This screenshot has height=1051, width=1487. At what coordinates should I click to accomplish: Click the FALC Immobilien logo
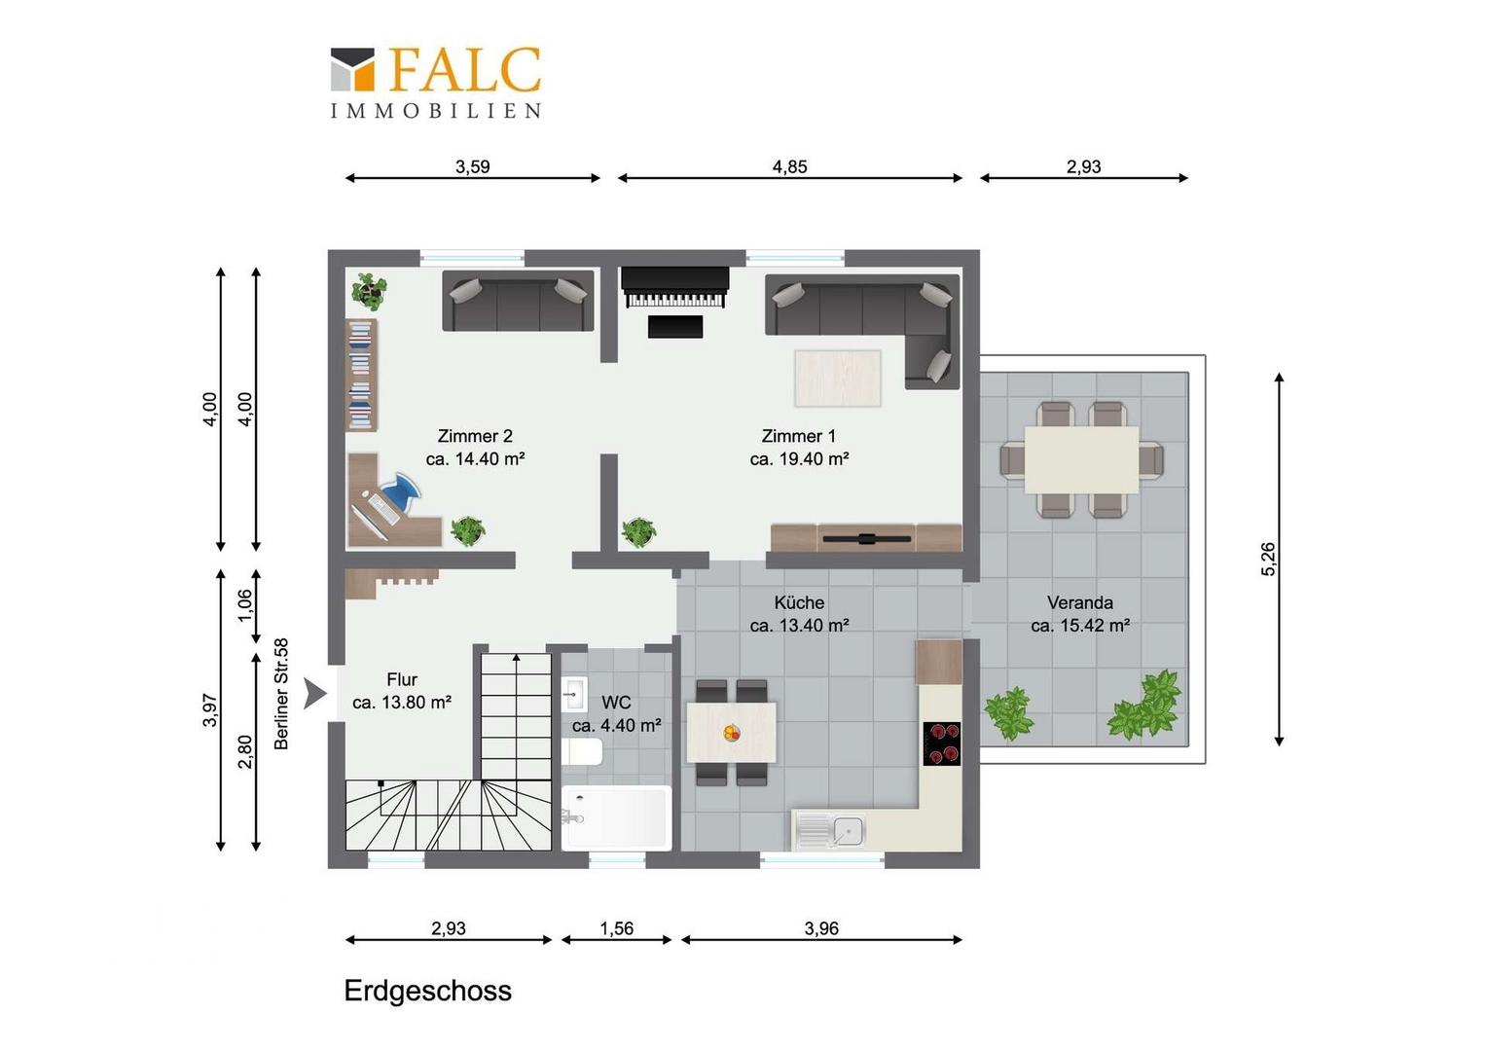click(x=435, y=82)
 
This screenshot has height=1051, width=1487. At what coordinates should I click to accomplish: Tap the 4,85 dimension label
click(x=789, y=166)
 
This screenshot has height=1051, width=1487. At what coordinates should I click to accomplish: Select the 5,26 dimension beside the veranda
click(x=1268, y=559)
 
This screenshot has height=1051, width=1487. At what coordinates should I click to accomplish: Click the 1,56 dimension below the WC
click(x=617, y=928)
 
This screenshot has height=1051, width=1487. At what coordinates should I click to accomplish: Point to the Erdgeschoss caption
click(x=427, y=991)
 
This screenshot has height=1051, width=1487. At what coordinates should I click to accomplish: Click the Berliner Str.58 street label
click(x=281, y=694)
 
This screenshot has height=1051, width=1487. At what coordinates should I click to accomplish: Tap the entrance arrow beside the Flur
click(x=314, y=694)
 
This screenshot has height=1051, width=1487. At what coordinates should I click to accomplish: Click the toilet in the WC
click(x=582, y=752)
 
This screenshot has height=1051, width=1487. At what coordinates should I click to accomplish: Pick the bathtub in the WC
click(x=616, y=818)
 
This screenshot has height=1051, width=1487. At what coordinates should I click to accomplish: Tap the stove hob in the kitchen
click(x=942, y=743)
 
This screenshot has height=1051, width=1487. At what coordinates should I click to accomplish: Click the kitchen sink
click(x=830, y=830)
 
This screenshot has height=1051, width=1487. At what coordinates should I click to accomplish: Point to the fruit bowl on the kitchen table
click(x=732, y=733)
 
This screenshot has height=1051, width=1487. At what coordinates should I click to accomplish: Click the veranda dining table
click(x=1081, y=459)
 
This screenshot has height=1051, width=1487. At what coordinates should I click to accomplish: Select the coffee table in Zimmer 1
click(x=838, y=378)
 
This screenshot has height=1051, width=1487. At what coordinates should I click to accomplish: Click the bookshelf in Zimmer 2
click(x=362, y=375)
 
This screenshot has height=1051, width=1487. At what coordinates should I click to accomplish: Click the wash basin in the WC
click(x=573, y=694)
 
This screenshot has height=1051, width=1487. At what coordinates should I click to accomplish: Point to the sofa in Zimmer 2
click(x=518, y=300)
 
